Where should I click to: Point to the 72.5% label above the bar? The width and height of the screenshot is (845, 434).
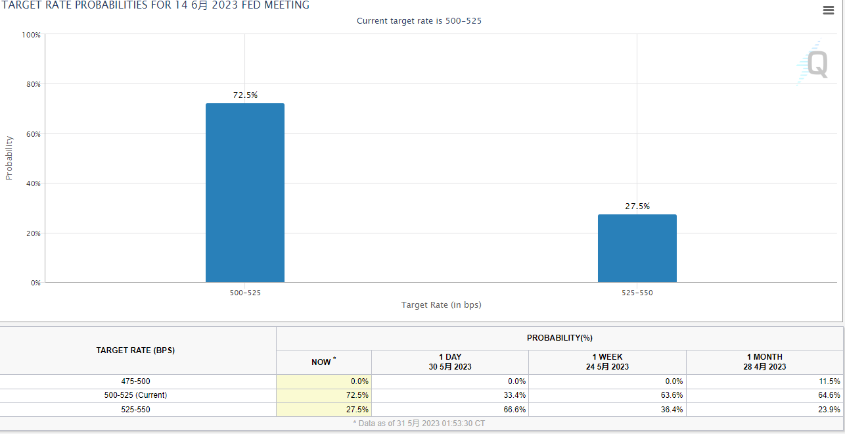(245, 95)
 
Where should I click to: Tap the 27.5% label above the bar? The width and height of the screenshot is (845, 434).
(637, 206)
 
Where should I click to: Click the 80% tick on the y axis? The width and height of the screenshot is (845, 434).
(33, 84)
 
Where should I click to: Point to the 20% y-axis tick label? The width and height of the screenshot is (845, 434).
(33, 233)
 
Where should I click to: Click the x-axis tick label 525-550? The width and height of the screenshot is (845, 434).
(637, 293)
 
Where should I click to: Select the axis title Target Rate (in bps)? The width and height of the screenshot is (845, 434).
(442, 305)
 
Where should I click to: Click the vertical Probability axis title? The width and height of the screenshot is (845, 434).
(9, 158)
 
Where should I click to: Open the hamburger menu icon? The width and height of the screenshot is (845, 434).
(829, 10)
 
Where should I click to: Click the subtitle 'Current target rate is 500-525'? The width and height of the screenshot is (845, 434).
(419, 21)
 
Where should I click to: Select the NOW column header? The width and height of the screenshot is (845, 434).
(323, 362)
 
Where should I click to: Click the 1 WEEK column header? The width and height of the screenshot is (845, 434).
(607, 362)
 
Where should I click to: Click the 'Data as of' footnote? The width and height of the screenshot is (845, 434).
(419, 423)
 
